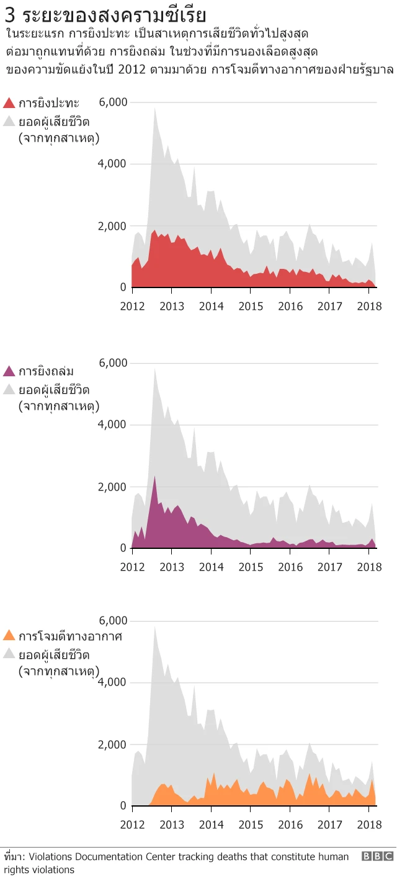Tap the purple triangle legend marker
tap(9, 371)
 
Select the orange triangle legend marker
tap(9, 636)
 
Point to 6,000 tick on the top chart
tap(114, 102)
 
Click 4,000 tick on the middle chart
tap(114, 425)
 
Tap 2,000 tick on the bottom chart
tap(114, 744)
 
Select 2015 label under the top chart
tap(251, 305)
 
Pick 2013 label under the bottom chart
tap(172, 824)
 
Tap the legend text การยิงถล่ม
tap(46, 371)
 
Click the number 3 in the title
tap(9, 15)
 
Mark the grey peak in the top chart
tap(154, 109)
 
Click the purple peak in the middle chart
tap(154, 477)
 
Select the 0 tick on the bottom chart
tap(123, 806)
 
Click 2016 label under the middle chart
tap(290, 566)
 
